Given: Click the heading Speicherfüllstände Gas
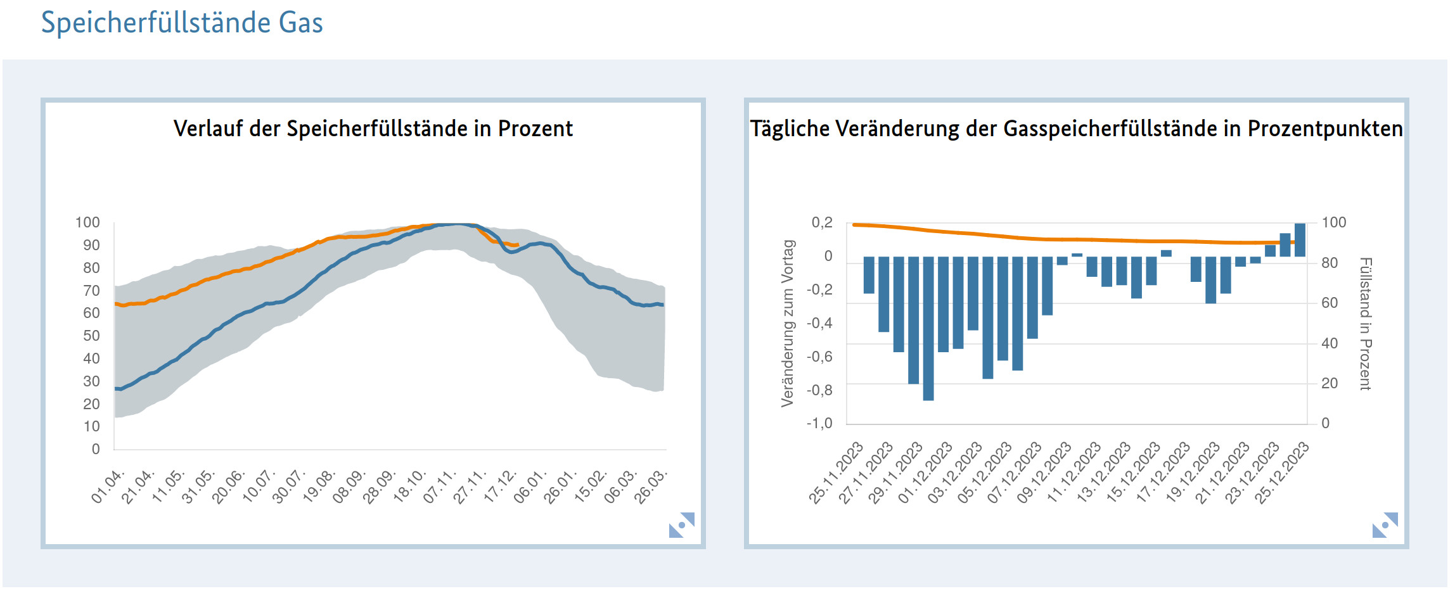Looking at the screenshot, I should [x=182, y=23].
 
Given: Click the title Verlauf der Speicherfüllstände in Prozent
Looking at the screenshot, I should [x=373, y=129].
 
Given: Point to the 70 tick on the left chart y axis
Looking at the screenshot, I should [x=91, y=291].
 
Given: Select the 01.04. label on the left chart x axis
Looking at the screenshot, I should [x=107, y=486].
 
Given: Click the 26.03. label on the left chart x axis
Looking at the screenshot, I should [x=651, y=486].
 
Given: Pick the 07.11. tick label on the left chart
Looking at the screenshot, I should [x=439, y=486].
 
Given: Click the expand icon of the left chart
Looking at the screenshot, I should [x=681, y=524].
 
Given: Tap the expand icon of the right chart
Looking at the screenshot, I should [x=1385, y=524].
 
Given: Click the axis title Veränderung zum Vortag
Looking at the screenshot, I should [x=787, y=323].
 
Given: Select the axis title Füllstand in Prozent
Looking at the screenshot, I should [x=1365, y=323].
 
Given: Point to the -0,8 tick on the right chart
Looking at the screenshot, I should [x=819, y=390].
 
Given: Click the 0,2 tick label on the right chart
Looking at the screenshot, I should [x=822, y=223].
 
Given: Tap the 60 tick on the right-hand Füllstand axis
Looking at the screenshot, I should [x=1330, y=303].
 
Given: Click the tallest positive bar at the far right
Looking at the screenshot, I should [x=1300, y=240].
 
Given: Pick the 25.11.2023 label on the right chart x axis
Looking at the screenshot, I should [x=836, y=473].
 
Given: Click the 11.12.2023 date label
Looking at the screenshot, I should [x=1074, y=473].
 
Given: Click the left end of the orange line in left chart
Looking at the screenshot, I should [x=117, y=304].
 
